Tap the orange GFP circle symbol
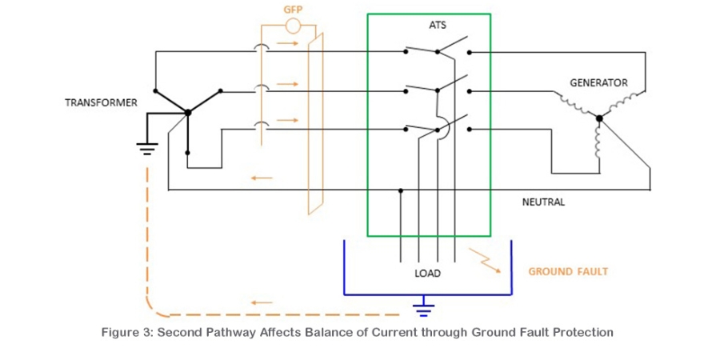293,26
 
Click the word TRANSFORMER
101,103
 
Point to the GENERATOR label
598,83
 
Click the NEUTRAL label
544,202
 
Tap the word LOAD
427,274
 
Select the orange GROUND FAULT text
568,271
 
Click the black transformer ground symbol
147,148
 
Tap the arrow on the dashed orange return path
262,302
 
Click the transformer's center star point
187,113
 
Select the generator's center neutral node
598,118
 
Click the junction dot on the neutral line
401,190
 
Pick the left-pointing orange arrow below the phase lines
262,178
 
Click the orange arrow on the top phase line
287,44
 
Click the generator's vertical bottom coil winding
598,143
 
